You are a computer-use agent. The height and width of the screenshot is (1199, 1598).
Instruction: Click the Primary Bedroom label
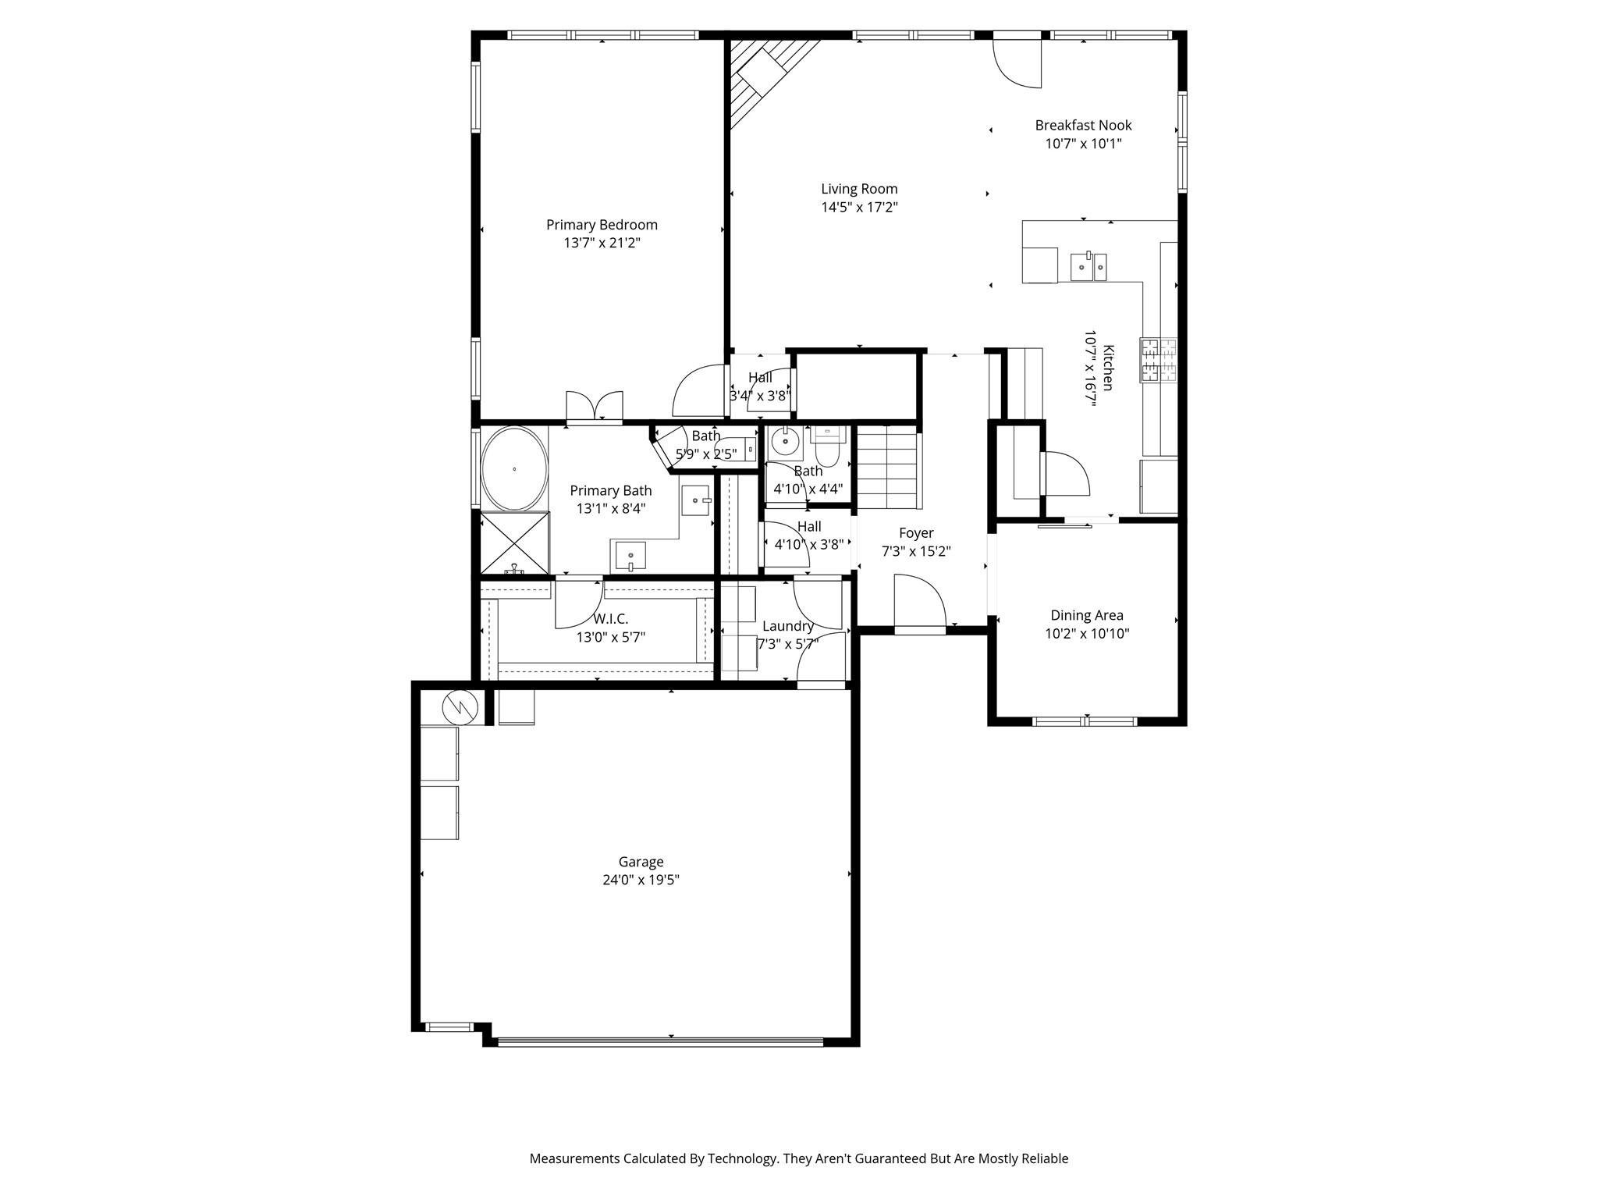(x=602, y=225)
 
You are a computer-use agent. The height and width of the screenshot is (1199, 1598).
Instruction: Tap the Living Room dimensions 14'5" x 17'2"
(x=859, y=208)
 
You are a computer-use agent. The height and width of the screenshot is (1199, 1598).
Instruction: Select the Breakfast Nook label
(x=1083, y=125)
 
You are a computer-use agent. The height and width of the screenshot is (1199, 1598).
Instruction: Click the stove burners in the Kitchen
(x=1159, y=360)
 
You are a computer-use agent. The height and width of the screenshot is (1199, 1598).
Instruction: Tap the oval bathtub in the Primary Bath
(x=514, y=468)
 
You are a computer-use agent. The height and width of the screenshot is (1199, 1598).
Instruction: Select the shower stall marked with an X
(x=514, y=543)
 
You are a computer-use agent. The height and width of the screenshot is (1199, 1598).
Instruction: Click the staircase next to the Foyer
(x=887, y=467)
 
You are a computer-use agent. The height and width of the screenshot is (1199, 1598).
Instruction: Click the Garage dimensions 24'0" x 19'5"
(x=641, y=880)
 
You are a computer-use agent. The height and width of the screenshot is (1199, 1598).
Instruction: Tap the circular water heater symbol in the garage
(x=460, y=707)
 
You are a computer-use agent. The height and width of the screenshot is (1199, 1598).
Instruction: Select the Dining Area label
(x=1086, y=615)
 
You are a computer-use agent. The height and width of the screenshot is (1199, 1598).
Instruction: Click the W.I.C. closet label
(x=610, y=619)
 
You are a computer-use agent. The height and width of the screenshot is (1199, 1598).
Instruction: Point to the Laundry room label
(x=787, y=626)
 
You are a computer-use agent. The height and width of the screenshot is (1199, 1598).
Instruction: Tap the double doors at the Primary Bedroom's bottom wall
(x=595, y=406)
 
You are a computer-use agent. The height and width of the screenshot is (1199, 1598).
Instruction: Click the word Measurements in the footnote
(x=574, y=1158)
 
